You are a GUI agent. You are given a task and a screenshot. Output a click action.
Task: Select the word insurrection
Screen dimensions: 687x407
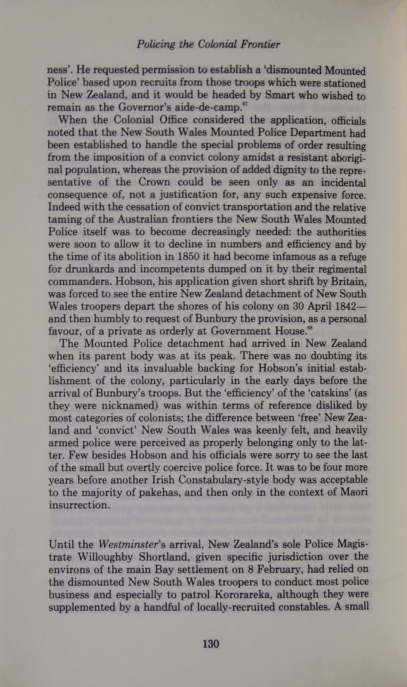pos(79,505)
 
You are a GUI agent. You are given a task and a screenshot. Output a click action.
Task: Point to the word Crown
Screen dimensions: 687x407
pos(154,182)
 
